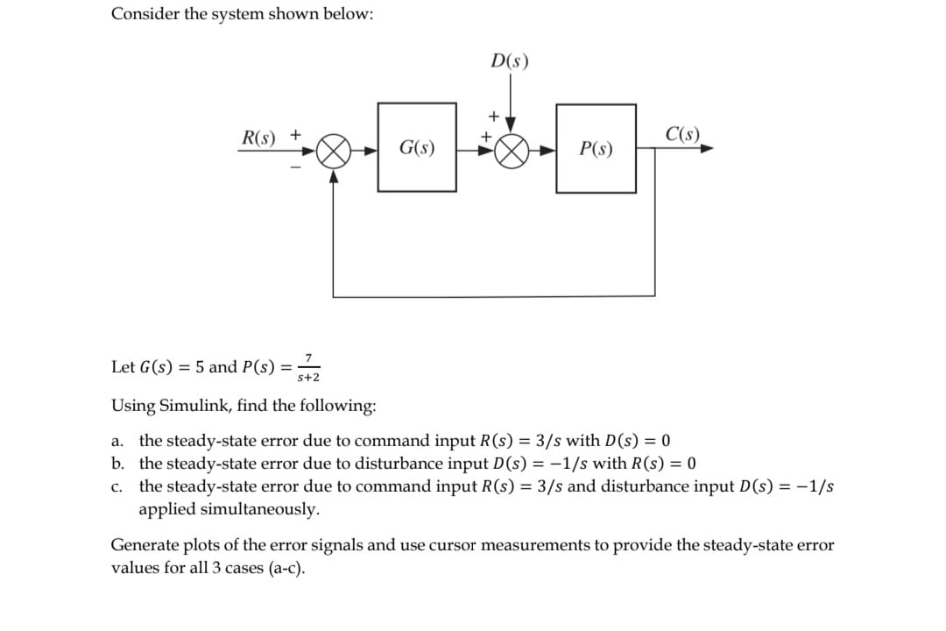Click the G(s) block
[417, 147]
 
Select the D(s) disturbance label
[510, 62]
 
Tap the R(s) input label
[258, 138]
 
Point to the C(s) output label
[682, 135]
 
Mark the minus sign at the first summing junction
[295, 167]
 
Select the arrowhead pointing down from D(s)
[512, 124]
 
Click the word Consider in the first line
[144, 15]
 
